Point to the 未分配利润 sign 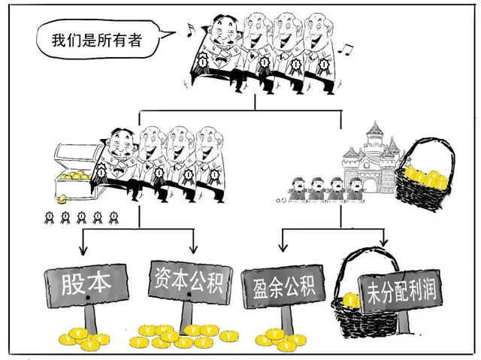tap(396, 288)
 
